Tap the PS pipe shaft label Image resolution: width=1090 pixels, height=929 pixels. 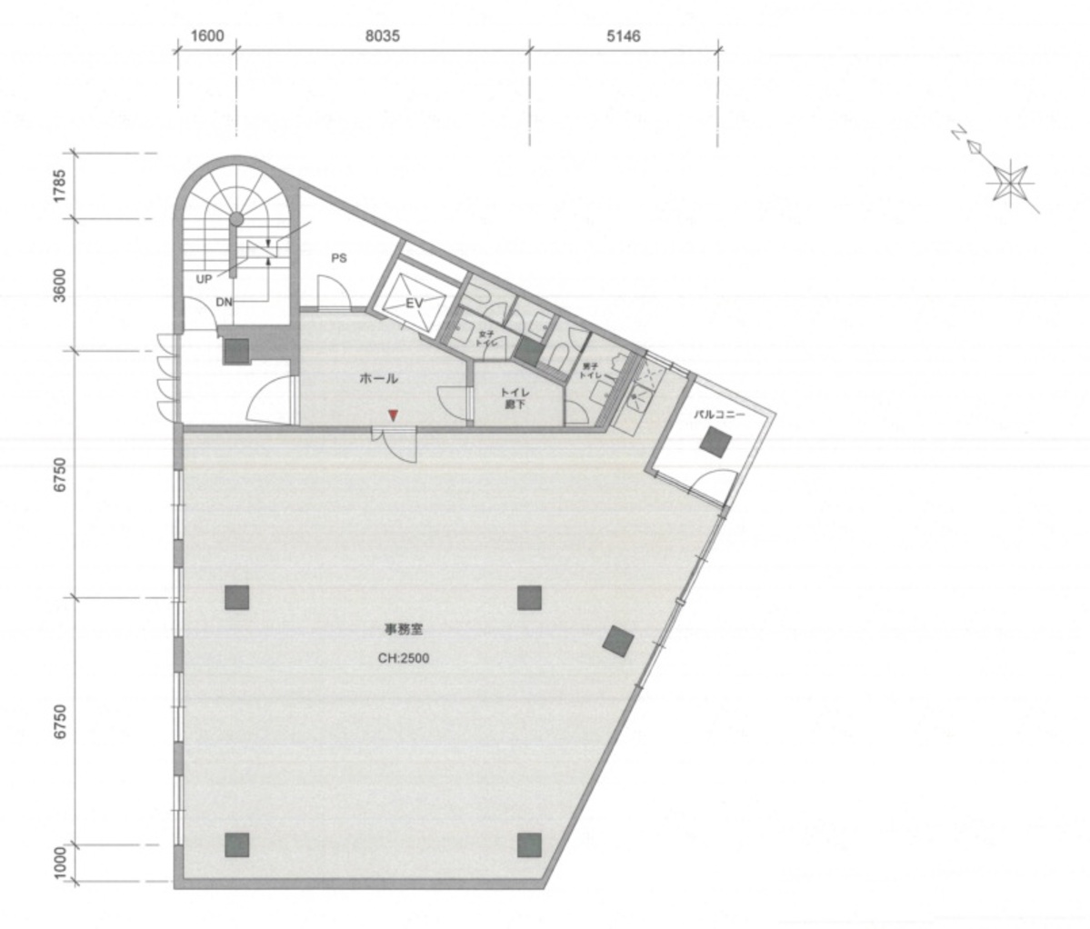point(339,258)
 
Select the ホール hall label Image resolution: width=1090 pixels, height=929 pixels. point(379,379)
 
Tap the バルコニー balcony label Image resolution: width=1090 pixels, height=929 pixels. point(719,413)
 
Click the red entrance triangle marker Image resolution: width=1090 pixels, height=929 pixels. point(393,415)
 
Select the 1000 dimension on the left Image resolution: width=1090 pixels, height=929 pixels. point(61,862)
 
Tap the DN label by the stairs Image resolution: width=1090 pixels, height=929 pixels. point(225,304)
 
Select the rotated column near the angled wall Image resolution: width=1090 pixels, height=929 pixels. point(619,640)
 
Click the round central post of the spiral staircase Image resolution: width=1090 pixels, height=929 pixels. point(236,219)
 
